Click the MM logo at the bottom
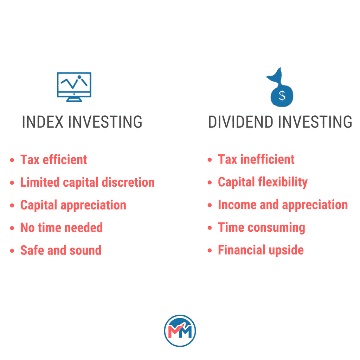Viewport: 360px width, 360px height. pos(180,331)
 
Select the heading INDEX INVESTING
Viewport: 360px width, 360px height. pos(82,122)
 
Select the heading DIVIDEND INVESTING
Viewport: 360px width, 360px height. pos(280,122)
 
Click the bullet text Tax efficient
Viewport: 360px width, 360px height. pos(53,160)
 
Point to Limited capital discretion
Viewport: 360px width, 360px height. pos(87,182)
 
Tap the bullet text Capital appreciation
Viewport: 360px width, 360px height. pos(73,205)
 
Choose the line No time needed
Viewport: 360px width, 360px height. pos(62,227)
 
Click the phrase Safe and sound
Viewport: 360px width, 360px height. pos(61,250)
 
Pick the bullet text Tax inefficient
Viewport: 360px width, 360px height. pos(256,160)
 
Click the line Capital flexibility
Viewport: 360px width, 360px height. pos(263,182)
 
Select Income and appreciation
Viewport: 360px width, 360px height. pos(283,205)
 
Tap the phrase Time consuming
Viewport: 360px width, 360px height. pos(261,227)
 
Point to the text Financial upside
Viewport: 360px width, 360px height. pos(261,250)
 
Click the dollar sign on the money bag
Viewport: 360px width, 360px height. pos(282,96)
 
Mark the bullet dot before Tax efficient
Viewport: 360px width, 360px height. pos(12,160)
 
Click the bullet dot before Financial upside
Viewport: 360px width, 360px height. pos(210,251)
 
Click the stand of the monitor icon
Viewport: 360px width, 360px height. pos(74,99)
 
